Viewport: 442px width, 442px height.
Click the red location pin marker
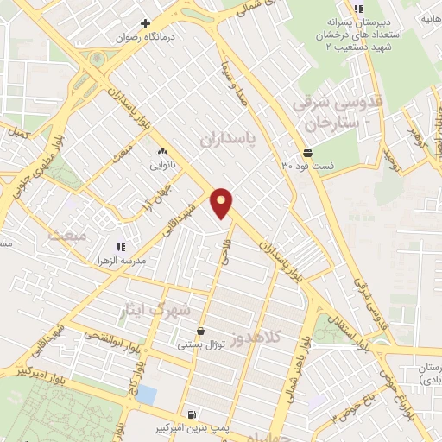pyautogui.click(x=223, y=203)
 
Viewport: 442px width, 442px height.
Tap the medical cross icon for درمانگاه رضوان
pyautogui.click(x=146, y=23)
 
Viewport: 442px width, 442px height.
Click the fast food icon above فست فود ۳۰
pyautogui.click(x=307, y=152)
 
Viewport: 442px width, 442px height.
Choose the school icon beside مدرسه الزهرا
pyautogui.click(x=121, y=247)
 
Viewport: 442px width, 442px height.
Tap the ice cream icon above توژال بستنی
pyautogui.click(x=200, y=331)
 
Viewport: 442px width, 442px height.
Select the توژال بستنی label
pyautogui.click(x=200, y=344)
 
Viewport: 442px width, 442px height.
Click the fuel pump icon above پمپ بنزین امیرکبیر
pyautogui.click(x=190, y=414)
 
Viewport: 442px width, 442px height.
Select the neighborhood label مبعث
pyautogui.click(x=67, y=233)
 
